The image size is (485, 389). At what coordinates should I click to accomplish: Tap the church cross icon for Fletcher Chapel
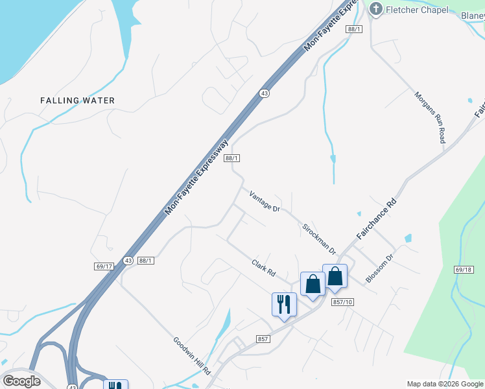point(375,9)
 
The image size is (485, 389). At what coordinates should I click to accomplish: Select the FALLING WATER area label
point(77,100)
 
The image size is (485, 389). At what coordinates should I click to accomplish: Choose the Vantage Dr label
point(264,202)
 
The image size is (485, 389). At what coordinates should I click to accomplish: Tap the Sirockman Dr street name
point(319,239)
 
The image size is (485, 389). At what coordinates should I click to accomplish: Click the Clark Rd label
point(263,268)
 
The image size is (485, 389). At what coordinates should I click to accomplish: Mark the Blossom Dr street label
point(379,267)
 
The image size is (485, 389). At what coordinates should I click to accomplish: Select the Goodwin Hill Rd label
point(191,355)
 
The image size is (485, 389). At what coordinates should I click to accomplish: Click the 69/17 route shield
point(104,266)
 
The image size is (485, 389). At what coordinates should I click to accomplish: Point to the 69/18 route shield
point(464,269)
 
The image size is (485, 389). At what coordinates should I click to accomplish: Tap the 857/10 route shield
point(342,302)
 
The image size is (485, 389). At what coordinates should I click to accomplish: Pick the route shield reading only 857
point(263,339)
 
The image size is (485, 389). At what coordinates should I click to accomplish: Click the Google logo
point(21,381)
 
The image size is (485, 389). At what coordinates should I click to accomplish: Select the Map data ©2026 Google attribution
point(445,384)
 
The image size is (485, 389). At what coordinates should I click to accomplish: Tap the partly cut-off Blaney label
point(473,16)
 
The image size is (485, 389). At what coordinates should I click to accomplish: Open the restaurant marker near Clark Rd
point(284,305)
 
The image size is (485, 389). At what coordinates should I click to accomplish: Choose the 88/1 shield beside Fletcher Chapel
point(353,29)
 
